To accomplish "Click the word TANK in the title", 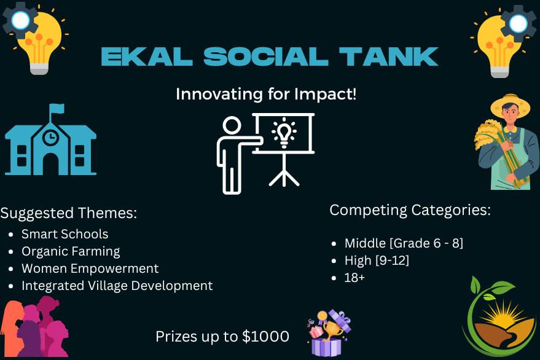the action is pyautogui.click(x=388, y=57).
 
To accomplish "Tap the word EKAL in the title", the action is pyautogui.click(x=147, y=57).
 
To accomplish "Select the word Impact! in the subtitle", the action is pyautogui.click(x=325, y=94).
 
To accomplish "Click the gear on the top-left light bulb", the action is pyautogui.click(x=21, y=20).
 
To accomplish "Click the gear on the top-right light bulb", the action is pyautogui.click(x=518, y=24).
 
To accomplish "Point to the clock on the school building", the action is pyautogui.click(x=50, y=137).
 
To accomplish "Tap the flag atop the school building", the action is pyautogui.click(x=57, y=109).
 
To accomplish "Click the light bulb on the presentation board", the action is pyautogui.click(x=284, y=133).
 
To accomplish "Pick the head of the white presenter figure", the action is pyautogui.click(x=232, y=125).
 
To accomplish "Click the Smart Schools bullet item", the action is pyautogui.click(x=65, y=234).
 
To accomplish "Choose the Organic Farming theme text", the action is pyautogui.click(x=71, y=251).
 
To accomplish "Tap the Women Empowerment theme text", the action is pyautogui.click(x=90, y=268).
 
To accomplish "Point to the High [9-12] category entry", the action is pyautogui.click(x=377, y=260).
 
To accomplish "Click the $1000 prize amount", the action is pyautogui.click(x=265, y=337).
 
